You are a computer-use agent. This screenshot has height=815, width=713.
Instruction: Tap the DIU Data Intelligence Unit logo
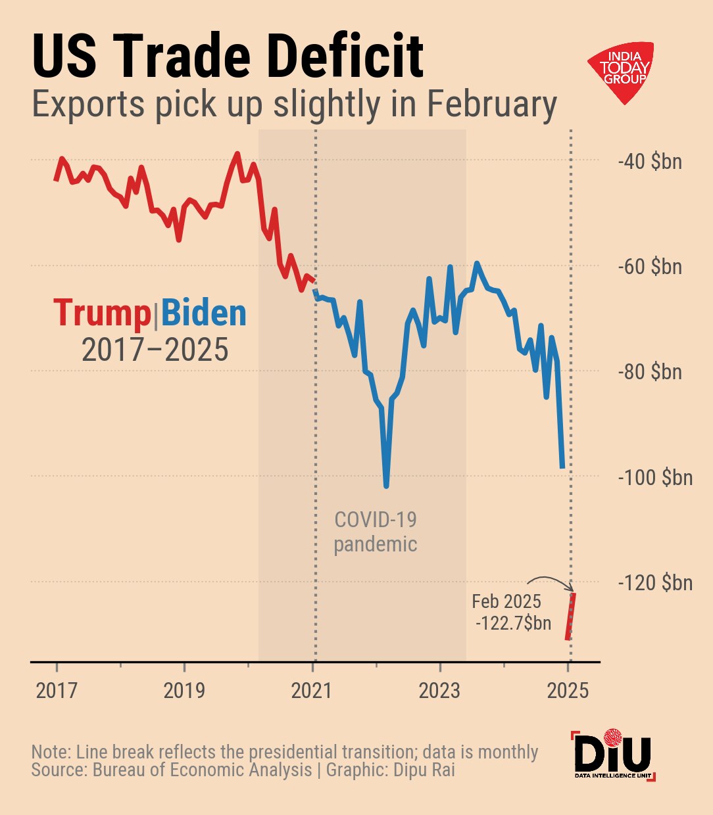(x=613, y=755)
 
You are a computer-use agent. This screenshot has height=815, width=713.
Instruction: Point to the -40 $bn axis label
(x=651, y=162)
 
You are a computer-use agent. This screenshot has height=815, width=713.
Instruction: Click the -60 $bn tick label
(x=651, y=267)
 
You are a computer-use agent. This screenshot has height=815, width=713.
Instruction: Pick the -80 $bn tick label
(x=651, y=372)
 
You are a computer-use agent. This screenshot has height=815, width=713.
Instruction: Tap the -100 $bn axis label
(x=655, y=477)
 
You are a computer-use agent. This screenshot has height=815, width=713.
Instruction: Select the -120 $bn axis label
(x=655, y=582)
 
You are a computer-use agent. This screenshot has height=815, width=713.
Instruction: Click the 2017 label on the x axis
(x=57, y=691)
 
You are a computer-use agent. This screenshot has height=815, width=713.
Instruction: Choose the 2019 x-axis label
(x=184, y=691)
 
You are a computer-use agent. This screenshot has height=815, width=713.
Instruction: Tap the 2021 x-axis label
(x=312, y=691)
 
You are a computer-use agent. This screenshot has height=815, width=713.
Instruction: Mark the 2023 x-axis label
(x=439, y=691)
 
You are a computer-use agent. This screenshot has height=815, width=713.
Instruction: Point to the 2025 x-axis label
(x=567, y=691)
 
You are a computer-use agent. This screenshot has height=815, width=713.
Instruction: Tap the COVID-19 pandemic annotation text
(x=376, y=532)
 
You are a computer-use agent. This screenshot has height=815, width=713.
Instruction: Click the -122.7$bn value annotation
(x=514, y=623)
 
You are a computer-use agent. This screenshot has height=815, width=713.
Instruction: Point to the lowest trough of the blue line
(x=386, y=486)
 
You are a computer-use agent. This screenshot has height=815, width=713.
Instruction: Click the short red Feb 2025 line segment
(x=570, y=616)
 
